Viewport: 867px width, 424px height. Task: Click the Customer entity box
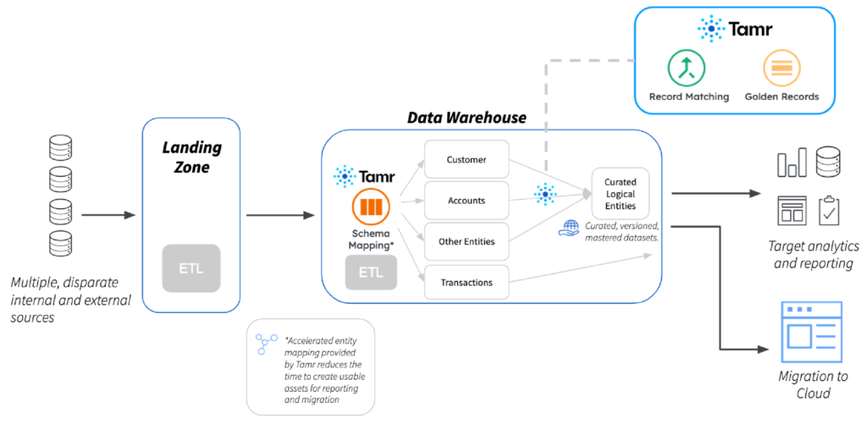[467, 159]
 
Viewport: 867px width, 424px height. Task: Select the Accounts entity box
[467, 201]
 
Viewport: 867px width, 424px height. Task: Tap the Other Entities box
[467, 241]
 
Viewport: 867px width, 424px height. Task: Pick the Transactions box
[467, 282]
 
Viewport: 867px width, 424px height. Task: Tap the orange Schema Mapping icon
[369, 207]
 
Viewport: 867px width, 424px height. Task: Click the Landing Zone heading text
[191, 157]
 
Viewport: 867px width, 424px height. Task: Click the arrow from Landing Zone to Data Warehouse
[279, 215]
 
